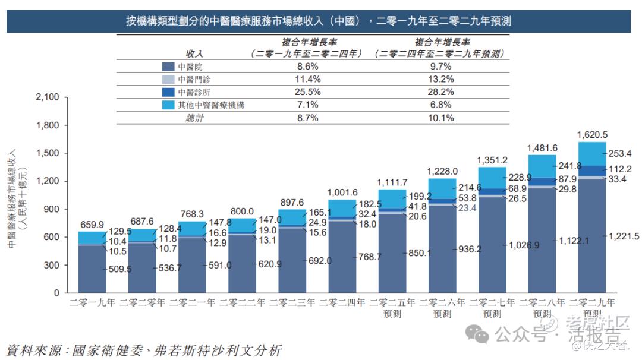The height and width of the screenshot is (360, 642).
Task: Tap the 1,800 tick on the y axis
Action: tap(48, 125)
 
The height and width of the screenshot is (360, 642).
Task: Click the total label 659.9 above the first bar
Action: tap(92, 225)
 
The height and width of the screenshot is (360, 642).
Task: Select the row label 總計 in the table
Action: tap(194, 118)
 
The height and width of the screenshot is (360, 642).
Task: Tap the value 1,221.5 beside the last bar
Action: tap(624, 236)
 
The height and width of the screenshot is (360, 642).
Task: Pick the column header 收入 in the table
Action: tap(194, 54)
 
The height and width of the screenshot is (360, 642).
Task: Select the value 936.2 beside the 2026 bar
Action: tap(470, 250)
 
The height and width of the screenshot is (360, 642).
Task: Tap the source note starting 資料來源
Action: tap(143, 349)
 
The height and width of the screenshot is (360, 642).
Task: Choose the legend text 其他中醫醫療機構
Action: tap(211, 105)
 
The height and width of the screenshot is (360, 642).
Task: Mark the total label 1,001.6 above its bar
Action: tap(342, 193)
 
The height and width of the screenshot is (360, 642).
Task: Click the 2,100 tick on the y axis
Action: tap(48, 97)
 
